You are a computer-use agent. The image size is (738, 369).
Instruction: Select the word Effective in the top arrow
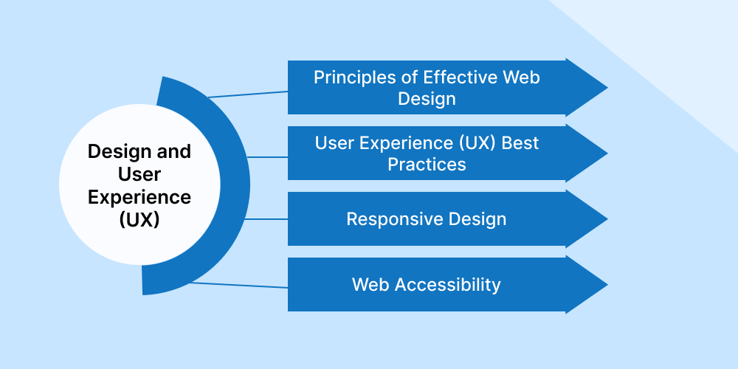pos(461,77)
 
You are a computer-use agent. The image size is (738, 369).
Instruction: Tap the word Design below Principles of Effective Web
pos(427,98)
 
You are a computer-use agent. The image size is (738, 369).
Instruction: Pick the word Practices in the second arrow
pos(427,164)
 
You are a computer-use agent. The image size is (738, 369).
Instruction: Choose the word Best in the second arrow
pos(520,142)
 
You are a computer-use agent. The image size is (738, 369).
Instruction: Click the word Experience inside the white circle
pos(139,197)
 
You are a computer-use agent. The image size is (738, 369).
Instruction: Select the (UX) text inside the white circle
pos(139,220)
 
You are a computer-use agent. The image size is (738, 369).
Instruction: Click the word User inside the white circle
pos(139,174)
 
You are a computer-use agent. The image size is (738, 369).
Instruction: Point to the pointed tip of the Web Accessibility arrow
pos(605,285)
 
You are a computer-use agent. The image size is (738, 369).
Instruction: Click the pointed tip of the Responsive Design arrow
pos(605,219)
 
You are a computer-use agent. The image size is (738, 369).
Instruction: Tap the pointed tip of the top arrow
pos(605,87)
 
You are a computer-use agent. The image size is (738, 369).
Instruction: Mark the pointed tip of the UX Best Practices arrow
pos(605,154)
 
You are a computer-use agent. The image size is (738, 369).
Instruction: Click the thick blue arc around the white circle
pos(234,184)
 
